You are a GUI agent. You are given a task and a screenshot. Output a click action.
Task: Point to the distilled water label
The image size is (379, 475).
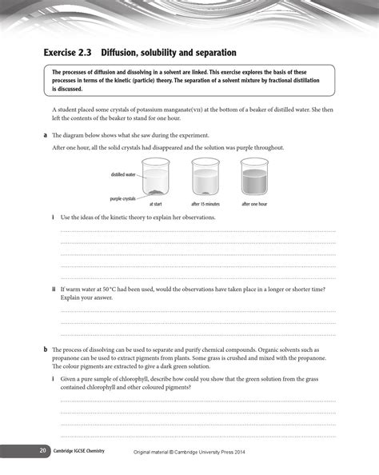click(x=123, y=174)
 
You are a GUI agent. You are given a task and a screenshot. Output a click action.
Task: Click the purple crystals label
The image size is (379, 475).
click(x=122, y=198)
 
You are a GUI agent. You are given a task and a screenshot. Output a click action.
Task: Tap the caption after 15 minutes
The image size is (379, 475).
click(x=205, y=204)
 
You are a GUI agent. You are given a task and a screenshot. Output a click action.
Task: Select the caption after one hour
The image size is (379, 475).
click(x=255, y=204)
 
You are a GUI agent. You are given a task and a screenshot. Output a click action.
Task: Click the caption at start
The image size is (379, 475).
click(x=156, y=204)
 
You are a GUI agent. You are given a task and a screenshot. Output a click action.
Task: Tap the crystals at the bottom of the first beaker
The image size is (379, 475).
click(x=158, y=193)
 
